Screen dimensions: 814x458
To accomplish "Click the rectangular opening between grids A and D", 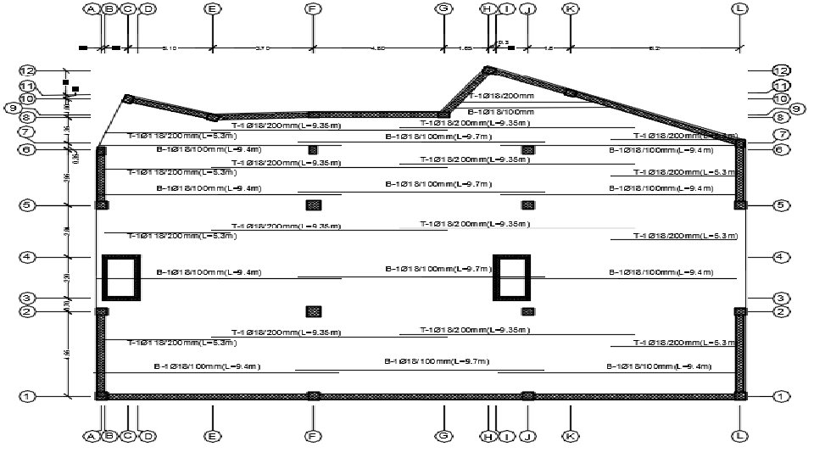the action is [x=120, y=277].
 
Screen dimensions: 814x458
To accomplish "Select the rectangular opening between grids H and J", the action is [x=512, y=277].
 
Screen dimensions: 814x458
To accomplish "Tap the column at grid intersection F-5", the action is [x=314, y=204].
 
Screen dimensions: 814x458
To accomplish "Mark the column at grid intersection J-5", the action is [x=528, y=204].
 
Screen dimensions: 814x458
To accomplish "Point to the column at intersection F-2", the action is [x=314, y=311].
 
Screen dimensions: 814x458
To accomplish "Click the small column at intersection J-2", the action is [x=528, y=311].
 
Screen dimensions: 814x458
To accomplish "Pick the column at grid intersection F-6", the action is [x=313, y=149].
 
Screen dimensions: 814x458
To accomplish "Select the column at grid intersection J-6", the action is [x=528, y=149].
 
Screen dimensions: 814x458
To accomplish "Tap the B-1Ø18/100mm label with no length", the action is [x=501, y=112].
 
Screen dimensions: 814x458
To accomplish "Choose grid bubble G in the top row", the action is [x=443, y=8].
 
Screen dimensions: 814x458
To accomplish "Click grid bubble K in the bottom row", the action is [x=571, y=436].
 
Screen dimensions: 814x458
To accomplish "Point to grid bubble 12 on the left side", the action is [x=28, y=70].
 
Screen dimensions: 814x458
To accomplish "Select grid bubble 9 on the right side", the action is [x=796, y=109].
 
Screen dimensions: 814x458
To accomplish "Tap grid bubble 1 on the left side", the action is [x=28, y=396].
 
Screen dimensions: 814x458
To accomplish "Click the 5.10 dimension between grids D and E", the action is [x=169, y=48].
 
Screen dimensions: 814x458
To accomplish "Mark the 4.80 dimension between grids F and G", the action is [x=378, y=48].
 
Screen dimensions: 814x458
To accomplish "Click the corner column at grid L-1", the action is [x=740, y=395].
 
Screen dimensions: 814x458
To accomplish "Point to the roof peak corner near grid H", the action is [x=488, y=71].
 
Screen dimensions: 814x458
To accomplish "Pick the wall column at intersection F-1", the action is [x=314, y=395].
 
